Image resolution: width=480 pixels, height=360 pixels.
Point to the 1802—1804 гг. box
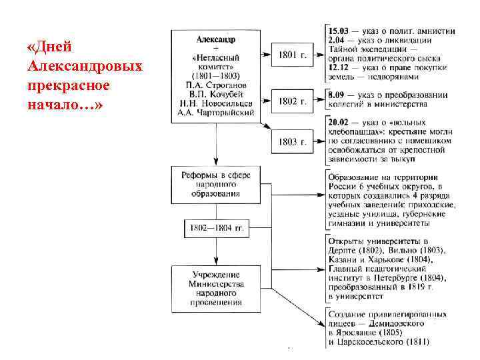[215, 228]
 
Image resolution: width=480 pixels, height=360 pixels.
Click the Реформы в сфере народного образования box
[215, 185]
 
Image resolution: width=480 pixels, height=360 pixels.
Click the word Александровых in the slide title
[85, 67]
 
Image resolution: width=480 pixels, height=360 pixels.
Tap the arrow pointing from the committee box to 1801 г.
[263, 55]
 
